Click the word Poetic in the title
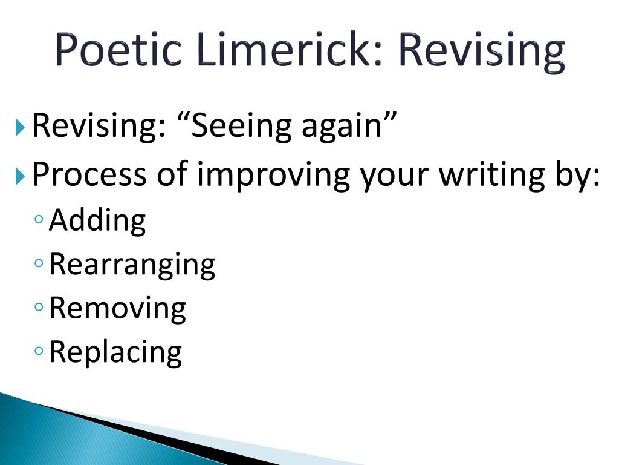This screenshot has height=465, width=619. pos(118,49)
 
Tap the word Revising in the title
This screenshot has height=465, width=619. pos(481,52)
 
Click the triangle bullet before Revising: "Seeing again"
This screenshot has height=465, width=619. pos(20,127)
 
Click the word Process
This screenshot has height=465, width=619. pos(89,173)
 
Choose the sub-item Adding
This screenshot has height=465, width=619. pos(97,220)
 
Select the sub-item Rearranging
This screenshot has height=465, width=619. pos(132,265)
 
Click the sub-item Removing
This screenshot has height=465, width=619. pos(118,309)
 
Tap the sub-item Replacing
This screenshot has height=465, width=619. pos(115,353)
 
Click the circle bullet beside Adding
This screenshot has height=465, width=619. pos(39,219)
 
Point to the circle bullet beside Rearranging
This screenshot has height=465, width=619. pos(39,263)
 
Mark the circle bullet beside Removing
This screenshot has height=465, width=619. pos(39,307)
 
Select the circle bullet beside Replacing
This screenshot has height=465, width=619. pos(39,351)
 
